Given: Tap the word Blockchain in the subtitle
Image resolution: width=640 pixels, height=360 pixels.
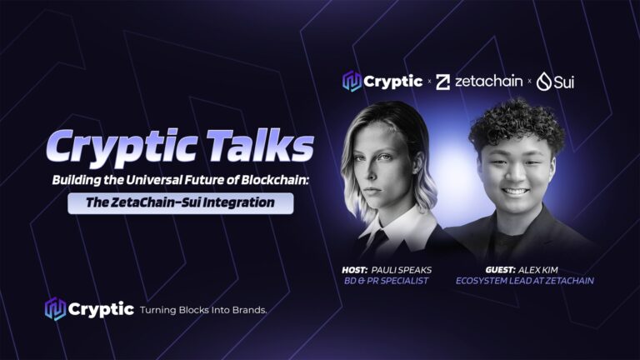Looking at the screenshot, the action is coord(274,180).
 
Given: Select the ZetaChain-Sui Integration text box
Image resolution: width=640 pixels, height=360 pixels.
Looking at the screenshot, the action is coord(180,202).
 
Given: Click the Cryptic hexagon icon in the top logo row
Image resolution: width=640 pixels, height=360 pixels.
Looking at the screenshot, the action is coord(352,81).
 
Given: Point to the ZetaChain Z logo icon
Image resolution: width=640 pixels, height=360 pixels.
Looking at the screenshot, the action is coord(442,82).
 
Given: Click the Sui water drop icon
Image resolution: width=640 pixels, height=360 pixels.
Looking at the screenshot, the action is coord(544,81).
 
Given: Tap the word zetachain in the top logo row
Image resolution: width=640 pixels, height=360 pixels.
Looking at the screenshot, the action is coord(488,81).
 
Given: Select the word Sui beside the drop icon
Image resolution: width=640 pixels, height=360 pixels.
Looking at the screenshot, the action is coord(564,82).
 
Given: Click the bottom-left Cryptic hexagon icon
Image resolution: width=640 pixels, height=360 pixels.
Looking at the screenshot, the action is coord(55,308).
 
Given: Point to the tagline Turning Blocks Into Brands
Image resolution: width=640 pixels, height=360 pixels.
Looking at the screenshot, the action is coord(203,310).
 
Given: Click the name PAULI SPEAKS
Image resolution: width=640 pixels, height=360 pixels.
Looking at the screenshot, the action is coord(401,270).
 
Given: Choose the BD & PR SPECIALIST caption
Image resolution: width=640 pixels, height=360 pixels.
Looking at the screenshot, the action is coord(386,281).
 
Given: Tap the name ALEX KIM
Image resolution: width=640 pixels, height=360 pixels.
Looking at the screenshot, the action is coord(538,270).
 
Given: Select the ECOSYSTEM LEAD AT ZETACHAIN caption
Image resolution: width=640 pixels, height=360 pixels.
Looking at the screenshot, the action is coord(525,281).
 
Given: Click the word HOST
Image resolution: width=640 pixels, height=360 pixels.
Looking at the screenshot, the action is coord(355,270).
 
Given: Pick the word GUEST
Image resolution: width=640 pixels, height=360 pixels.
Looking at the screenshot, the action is coord(500,270).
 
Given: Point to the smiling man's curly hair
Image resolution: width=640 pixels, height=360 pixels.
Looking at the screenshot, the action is coord(517,124).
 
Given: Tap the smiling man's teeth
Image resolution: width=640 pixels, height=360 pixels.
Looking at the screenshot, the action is coord(515,191).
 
